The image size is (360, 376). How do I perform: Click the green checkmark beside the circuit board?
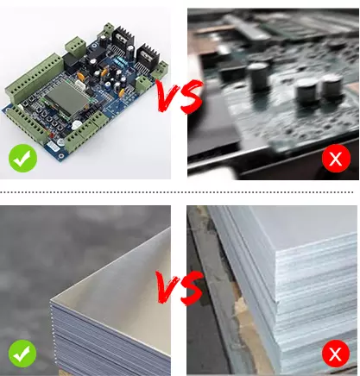(x=22, y=159)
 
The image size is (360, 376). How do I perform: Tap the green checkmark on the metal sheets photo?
(x=22, y=353)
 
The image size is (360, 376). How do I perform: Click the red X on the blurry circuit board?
(x=336, y=158)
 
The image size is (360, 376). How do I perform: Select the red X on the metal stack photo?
(x=336, y=354)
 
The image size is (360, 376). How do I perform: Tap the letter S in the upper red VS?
(x=191, y=97)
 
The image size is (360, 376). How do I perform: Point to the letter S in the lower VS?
(x=191, y=287)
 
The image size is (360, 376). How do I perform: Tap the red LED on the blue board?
(x=52, y=135)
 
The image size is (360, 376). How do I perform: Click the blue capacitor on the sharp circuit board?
(x=108, y=85)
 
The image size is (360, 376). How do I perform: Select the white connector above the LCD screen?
(x=79, y=83)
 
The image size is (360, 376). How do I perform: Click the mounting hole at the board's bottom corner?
(x=61, y=156)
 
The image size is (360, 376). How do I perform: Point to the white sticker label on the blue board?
(x=53, y=146)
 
